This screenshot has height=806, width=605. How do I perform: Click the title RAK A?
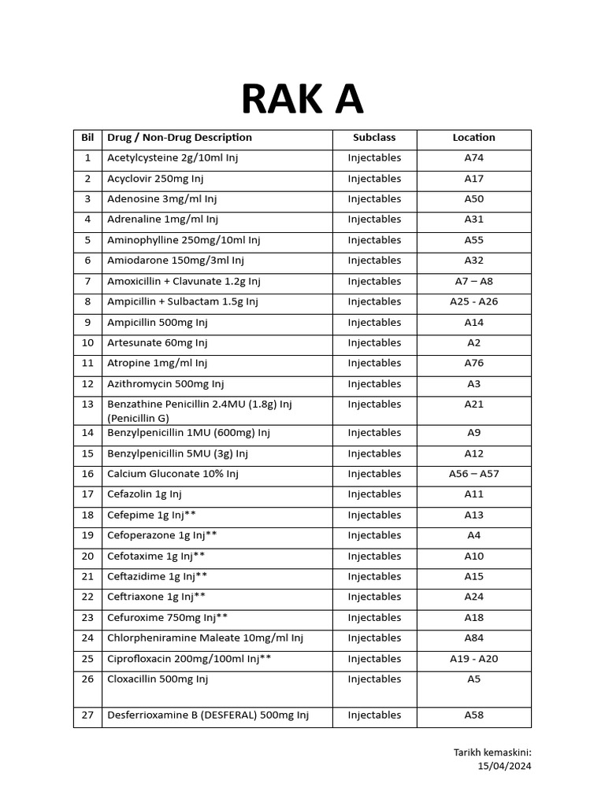pyautogui.click(x=302, y=99)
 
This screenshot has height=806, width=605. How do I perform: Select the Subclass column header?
pyautogui.click(x=374, y=138)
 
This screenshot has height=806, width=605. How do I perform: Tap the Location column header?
pyautogui.click(x=473, y=138)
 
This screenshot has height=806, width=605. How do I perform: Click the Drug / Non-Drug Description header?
pyautogui.click(x=180, y=138)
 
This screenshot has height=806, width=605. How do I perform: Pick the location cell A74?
pyautogui.click(x=473, y=158)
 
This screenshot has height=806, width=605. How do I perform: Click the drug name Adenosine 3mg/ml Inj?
pyautogui.click(x=161, y=199)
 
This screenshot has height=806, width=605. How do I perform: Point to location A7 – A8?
pyautogui.click(x=473, y=281)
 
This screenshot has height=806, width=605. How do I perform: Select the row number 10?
pyautogui.click(x=87, y=343)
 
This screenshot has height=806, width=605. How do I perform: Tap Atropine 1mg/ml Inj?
pyautogui.click(x=157, y=364)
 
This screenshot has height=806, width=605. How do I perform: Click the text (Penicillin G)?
pyautogui.click(x=139, y=418)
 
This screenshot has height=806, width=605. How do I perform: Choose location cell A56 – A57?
pyautogui.click(x=473, y=474)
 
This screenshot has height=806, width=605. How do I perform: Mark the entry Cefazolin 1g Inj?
pyautogui.click(x=144, y=494)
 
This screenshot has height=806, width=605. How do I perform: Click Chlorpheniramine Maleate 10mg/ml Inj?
pyautogui.click(x=205, y=638)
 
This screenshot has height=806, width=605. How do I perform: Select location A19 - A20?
pyautogui.click(x=473, y=659)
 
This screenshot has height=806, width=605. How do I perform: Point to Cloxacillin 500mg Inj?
pyautogui.click(x=158, y=679)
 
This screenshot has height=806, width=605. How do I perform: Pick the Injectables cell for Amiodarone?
pyautogui.click(x=374, y=261)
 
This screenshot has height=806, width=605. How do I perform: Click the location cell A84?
pyautogui.click(x=473, y=638)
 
